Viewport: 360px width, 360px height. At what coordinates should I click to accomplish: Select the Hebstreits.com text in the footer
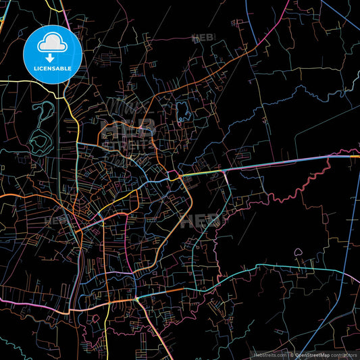269,355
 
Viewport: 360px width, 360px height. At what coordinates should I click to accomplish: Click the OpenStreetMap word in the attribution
311,355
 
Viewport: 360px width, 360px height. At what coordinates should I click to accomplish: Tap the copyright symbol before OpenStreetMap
292,355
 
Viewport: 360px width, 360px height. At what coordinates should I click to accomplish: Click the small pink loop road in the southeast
299,254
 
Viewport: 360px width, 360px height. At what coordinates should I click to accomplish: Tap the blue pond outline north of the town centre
182,111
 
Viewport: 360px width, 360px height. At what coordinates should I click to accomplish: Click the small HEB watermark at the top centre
203,38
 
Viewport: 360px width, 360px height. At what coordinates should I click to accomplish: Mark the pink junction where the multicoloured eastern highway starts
174,176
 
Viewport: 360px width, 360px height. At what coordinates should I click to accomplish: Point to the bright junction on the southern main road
138,298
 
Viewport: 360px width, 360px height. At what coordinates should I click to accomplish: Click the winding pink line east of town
284,189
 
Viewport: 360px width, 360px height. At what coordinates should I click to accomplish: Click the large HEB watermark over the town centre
128,128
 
